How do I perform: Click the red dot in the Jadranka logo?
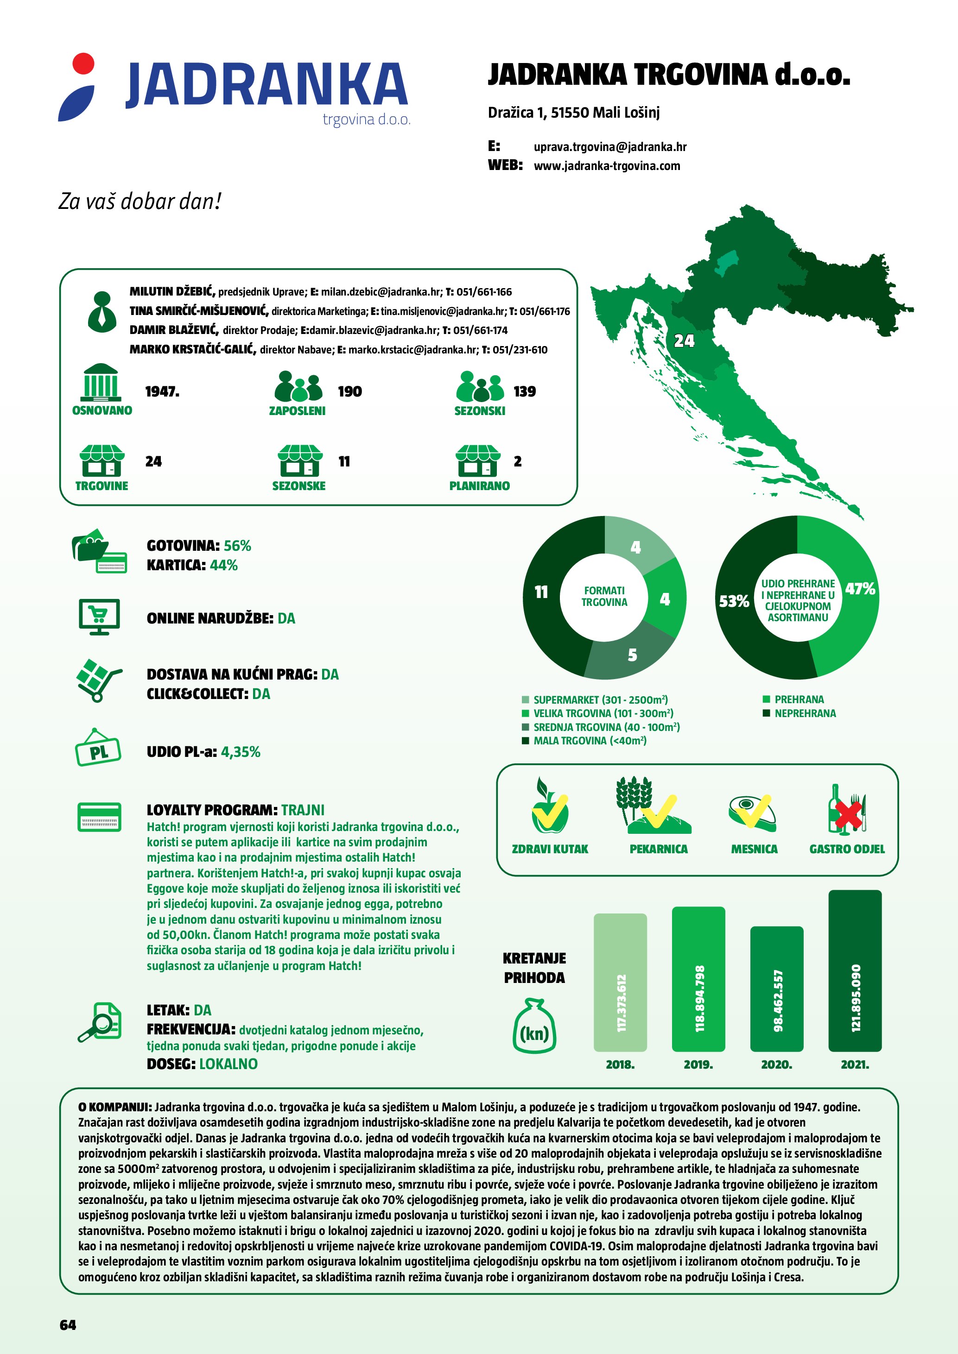(x=83, y=63)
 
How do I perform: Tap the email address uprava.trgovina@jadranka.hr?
(x=610, y=146)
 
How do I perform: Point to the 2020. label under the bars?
(x=776, y=1064)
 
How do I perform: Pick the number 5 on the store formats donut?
(x=632, y=655)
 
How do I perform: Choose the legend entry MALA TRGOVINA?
(x=590, y=741)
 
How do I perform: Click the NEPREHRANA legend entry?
(x=805, y=713)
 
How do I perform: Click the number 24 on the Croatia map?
(x=684, y=341)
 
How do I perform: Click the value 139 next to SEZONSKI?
(x=525, y=391)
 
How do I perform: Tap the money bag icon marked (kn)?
(x=534, y=1025)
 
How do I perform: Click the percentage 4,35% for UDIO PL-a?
(x=241, y=752)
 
